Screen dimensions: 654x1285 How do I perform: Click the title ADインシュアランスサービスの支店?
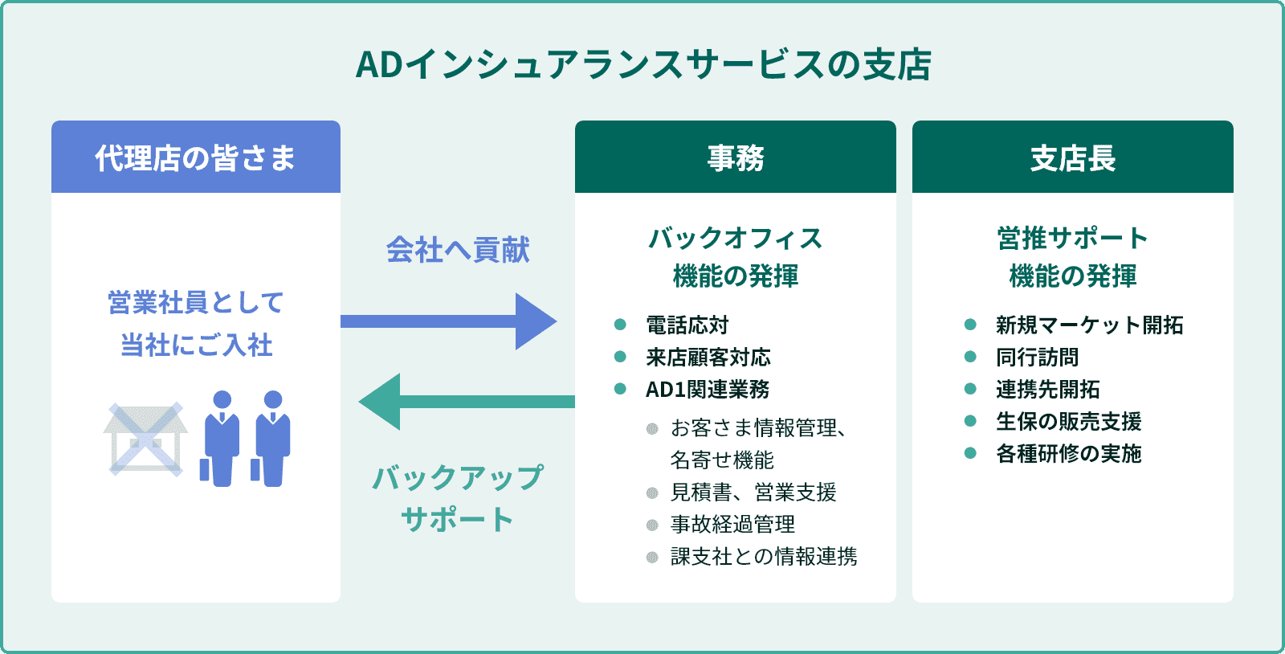(x=642, y=65)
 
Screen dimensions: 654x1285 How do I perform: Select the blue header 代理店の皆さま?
(x=196, y=157)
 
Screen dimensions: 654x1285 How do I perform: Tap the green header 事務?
(x=736, y=157)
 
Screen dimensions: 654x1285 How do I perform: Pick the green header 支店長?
(x=1073, y=157)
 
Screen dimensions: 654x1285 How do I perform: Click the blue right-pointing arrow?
(x=450, y=321)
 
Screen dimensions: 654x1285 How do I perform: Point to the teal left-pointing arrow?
(x=466, y=402)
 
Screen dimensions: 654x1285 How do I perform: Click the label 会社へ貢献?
(x=458, y=250)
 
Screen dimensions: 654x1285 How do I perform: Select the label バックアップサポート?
(x=458, y=498)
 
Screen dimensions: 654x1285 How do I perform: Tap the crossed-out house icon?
(x=145, y=439)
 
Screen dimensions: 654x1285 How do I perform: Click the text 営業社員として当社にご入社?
(x=196, y=324)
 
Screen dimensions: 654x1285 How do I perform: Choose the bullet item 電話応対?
(x=687, y=325)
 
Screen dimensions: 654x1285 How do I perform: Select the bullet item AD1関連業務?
(x=708, y=390)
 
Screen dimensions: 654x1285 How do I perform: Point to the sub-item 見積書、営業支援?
(x=753, y=493)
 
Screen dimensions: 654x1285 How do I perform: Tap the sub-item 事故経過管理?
(x=732, y=525)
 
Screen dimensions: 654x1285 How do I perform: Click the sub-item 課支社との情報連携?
(x=764, y=557)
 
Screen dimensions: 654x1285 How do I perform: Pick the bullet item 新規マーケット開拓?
(x=1089, y=325)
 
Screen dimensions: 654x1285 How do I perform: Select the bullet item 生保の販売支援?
(x=1068, y=422)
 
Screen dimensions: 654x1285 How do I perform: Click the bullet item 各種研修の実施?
(x=1068, y=454)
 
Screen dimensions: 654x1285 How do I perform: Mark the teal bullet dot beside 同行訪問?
(x=970, y=357)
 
